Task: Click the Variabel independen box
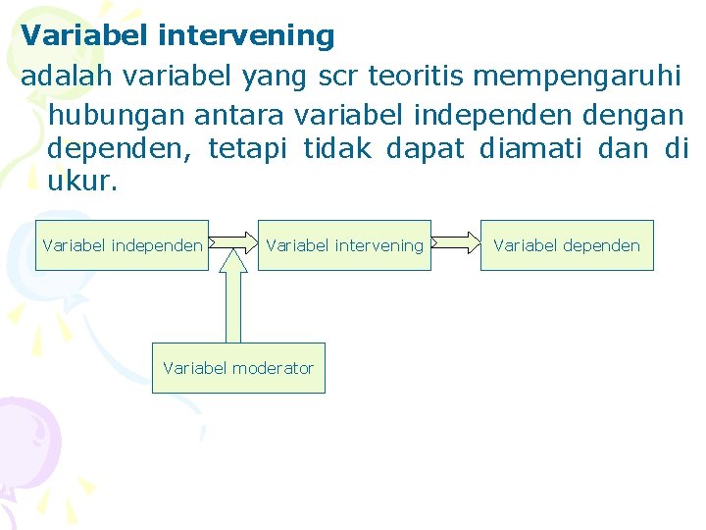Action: coord(123,245)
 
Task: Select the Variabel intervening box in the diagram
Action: coord(344,245)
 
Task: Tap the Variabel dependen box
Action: coord(567,245)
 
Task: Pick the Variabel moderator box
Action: coord(238,368)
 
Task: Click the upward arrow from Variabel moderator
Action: coord(233,299)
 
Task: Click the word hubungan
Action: coord(116,116)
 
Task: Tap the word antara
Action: coord(238,115)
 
